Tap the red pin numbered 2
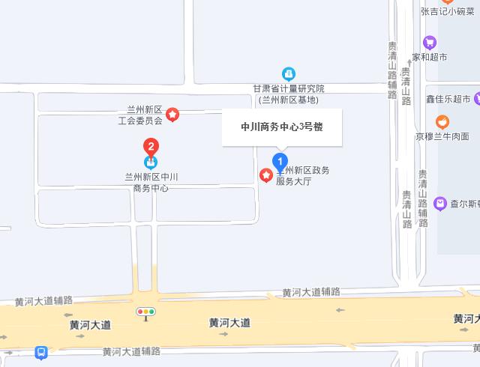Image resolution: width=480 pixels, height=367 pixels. pyautogui.click(x=151, y=146)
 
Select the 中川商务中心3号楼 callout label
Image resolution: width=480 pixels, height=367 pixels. pyautogui.click(x=281, y=127)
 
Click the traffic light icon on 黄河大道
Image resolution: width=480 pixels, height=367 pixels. pyautogui.click(x=145, y=311)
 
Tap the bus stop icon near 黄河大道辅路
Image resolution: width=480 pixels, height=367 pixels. pyautogui.click(x=41, y=352)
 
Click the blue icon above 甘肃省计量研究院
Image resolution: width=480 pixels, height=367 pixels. pyautogui.click(x=288, y=73)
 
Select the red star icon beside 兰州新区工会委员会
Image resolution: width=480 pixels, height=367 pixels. pyautogui.click(x=172, y=115)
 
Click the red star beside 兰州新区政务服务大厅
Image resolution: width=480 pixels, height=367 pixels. pyautogui.click(x=265, y=175)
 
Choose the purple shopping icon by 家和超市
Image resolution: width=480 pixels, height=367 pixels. pyautogui.click(x=430, y=42)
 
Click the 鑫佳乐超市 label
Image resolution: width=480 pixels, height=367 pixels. pyautogui.click(x=448, y=99)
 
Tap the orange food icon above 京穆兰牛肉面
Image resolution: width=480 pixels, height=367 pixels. pyautogui.click(x=442, y=121)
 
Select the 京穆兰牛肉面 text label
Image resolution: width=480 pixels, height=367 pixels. pyautogui.click(x=442, y=136)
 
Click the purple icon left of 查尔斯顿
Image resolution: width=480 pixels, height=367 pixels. pyautogui.click(x=440, y=202)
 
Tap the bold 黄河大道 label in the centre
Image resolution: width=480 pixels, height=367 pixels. pyautogui.click(x=229, y=323)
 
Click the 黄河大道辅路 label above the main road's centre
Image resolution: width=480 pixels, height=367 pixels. pyautogui.click(x=311, y=291)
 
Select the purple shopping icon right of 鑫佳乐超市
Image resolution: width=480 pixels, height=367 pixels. pyautogui.click(x=477, y=99)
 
